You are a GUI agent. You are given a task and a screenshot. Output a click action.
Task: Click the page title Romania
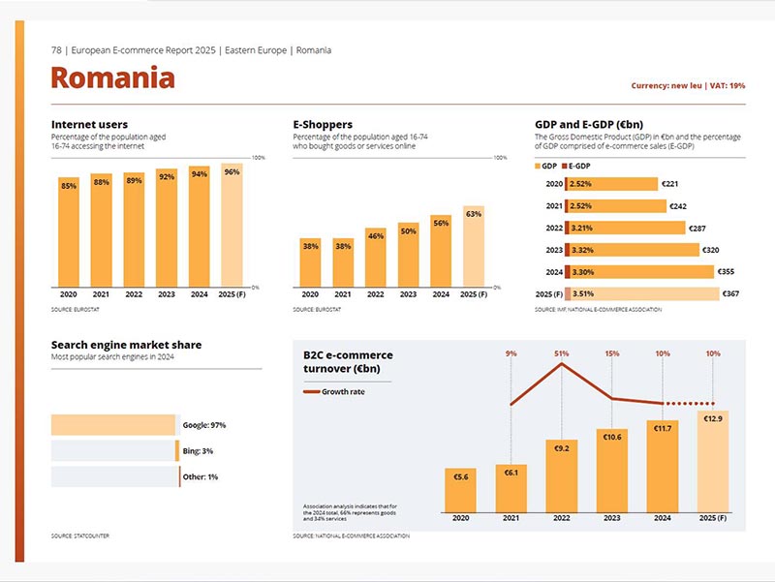click(112, 77)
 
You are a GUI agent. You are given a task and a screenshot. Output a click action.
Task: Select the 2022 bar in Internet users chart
click(134, 229)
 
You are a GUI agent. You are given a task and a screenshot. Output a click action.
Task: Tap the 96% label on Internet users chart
click(232, 171)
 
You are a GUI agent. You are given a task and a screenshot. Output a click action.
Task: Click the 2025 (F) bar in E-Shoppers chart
click(474, 247)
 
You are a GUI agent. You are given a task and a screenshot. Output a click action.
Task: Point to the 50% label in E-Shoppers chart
click(408, 231)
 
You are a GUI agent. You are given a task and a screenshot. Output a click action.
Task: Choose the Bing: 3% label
click(198, 451)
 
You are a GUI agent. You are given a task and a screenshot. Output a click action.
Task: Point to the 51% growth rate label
click(561, 353)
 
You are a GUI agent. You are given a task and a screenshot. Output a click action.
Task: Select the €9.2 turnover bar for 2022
click(561, 475)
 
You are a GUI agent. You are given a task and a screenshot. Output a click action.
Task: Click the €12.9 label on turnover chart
click(714, 417)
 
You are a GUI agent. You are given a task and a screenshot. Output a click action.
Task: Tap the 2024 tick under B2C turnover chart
click(663, 518)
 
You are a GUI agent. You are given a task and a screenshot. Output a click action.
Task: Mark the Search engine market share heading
click(126, 345)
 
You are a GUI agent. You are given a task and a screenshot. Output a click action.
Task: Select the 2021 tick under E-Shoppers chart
click(343, 294)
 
